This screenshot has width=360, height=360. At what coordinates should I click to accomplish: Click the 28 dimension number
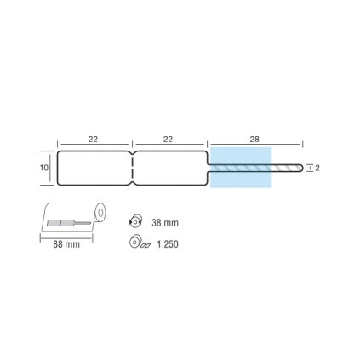256,139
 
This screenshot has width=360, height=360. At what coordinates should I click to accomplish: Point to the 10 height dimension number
43,169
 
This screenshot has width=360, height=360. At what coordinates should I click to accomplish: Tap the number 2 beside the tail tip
317,169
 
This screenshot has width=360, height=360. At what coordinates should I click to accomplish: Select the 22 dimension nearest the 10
94,139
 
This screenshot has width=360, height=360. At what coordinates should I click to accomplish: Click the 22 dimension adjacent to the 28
169,139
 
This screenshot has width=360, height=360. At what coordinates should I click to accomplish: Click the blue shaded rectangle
241,168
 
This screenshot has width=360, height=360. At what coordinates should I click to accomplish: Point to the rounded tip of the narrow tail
300,168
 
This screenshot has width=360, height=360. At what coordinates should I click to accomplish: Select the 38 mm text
165,223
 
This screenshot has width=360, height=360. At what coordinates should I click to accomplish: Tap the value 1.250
168,243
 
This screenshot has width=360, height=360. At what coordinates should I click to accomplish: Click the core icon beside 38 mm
137,221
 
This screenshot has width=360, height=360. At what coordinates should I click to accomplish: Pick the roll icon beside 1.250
138,243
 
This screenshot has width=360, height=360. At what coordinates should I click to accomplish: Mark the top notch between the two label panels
133,155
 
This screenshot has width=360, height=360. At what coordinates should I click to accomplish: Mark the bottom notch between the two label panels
133,180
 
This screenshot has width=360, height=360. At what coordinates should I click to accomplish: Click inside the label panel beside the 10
94,168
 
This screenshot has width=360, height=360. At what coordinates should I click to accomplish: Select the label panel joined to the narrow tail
170,168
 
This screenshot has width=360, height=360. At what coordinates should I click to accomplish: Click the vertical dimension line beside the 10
52,168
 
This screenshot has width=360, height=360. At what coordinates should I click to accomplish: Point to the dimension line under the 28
256,146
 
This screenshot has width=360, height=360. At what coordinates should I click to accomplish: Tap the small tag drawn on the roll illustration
61,224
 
